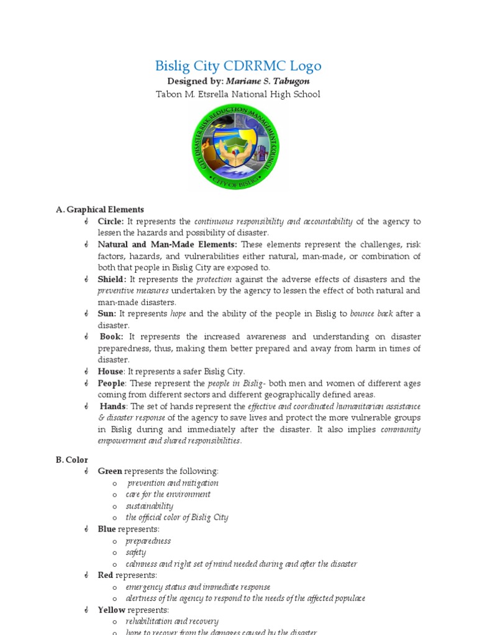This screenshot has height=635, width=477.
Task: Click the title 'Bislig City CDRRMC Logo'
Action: (x=238, y=66)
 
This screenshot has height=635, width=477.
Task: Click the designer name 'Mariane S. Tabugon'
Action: (x=268, y=81)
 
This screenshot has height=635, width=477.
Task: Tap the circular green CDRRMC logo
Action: (x=235, y=147)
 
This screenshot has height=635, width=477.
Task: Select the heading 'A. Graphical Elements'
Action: (x=99, y=210)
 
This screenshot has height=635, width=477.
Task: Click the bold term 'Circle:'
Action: (x=111, y=221)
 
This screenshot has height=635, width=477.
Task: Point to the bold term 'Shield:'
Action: (x=112, y=279)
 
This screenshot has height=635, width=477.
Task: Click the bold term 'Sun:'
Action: (x=107, y=314)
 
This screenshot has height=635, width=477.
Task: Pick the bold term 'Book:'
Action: (x=112, y=337)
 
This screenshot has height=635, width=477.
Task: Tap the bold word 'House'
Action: (x=111, y=371)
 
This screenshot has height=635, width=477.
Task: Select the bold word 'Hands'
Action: (x=113, y=406)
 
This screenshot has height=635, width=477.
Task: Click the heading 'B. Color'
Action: (x=71, y=460)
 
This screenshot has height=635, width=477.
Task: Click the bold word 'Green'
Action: (x=110, y=471)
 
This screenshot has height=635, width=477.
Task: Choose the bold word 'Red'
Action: (x=105, y=575)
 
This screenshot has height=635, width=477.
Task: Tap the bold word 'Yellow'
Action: (x=111, y=610)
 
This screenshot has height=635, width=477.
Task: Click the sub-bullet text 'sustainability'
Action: (x=149, y=506)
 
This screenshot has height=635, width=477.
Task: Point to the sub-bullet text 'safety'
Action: (x=135, y=552)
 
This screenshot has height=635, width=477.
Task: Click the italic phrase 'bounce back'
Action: (x=371, y=314)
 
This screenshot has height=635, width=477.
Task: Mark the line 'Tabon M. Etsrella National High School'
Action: (x=238, y=94)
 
